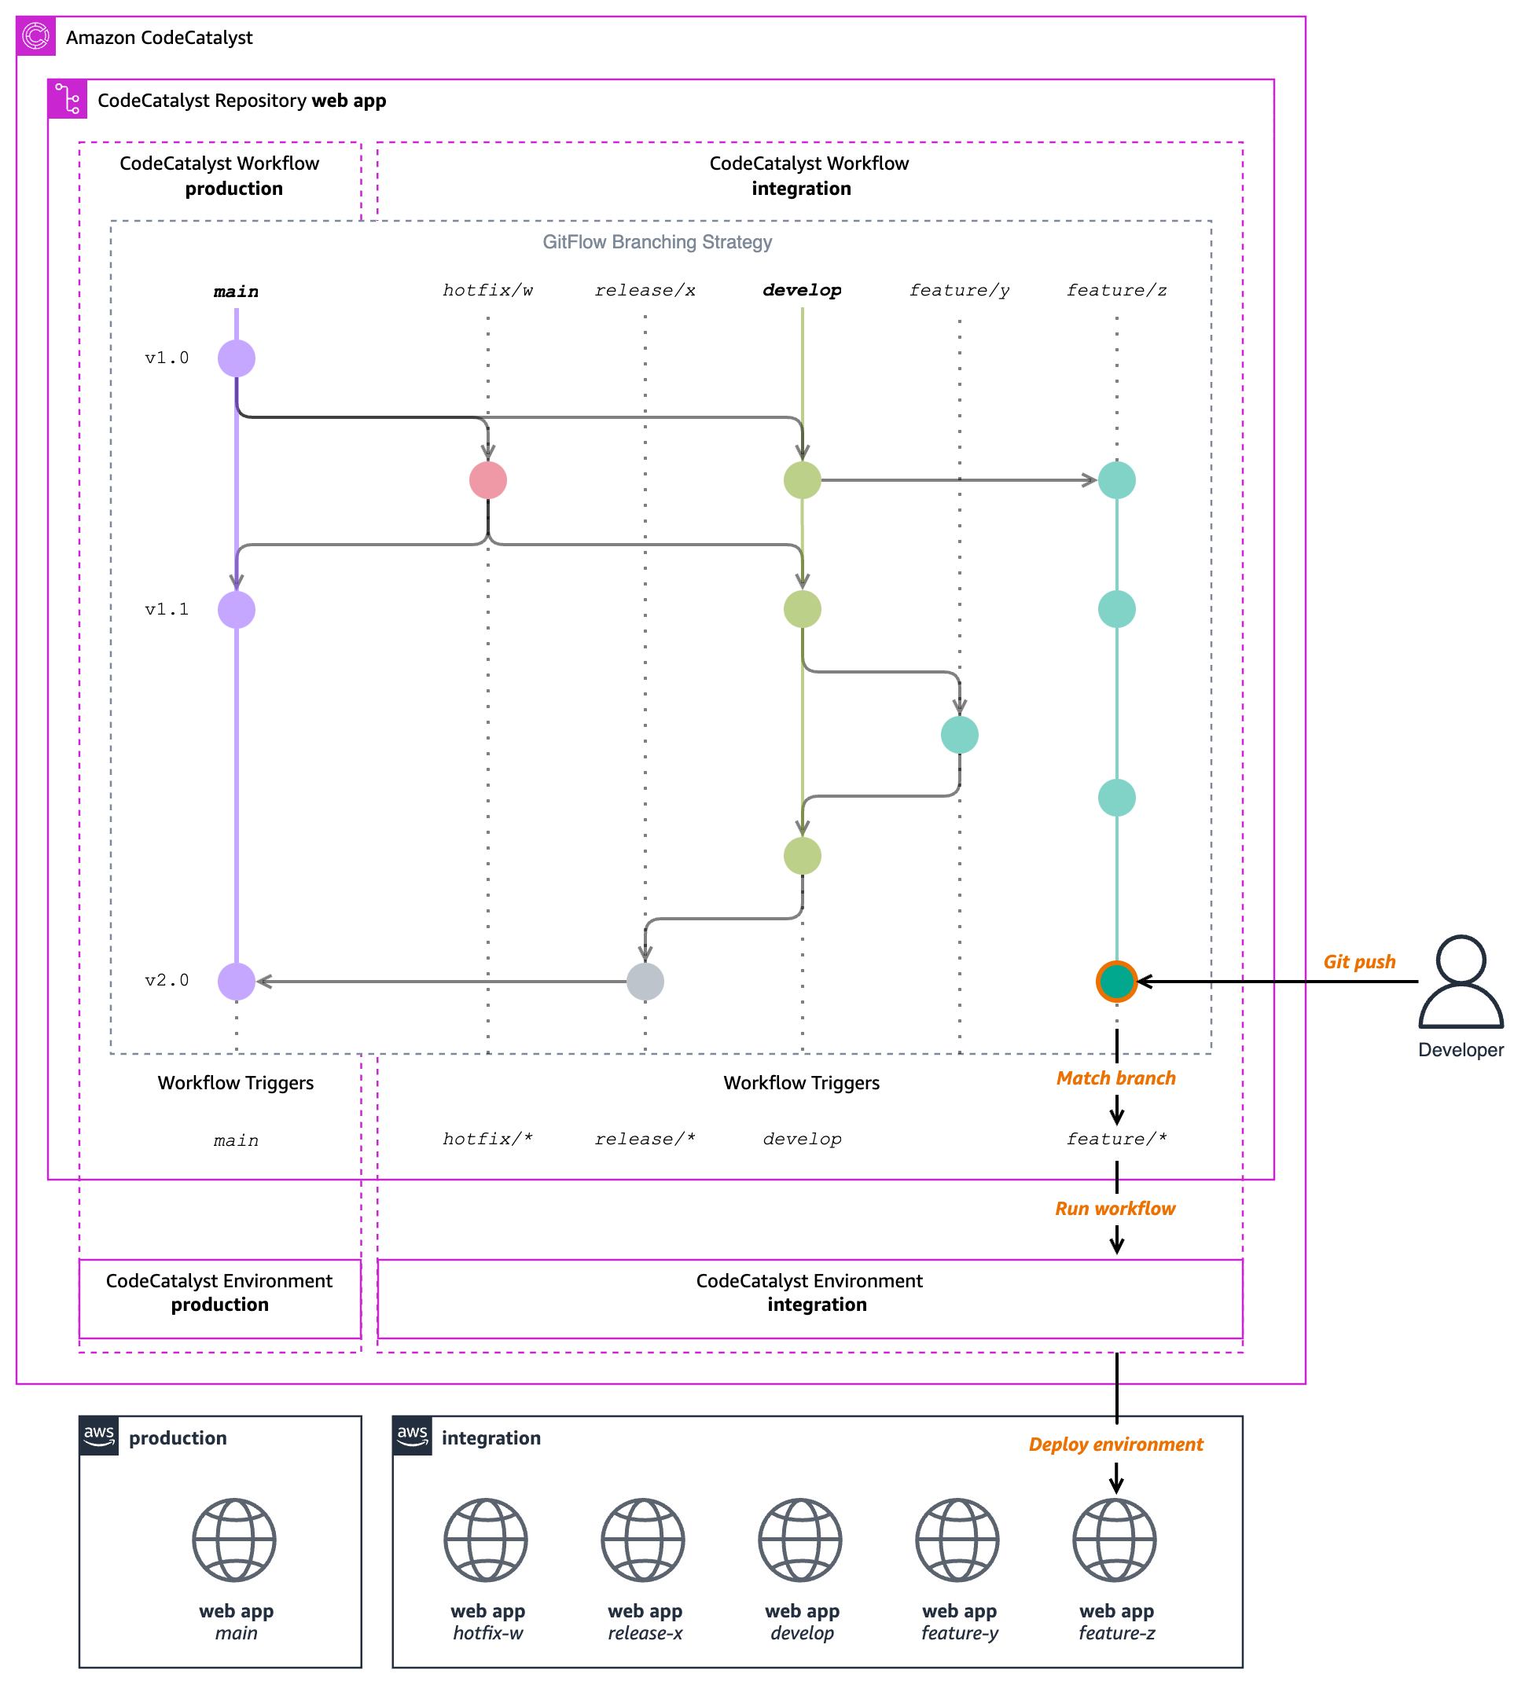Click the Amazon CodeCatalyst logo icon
(36, 36)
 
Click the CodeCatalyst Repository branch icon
(67, 98)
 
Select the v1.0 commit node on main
(237, 358)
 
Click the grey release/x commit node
(645, 982)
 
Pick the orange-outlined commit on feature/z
(1116, 982)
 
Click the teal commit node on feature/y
(959, 735)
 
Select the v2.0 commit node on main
(237, 982)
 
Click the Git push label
(1358, 962)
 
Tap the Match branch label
(1115, 1078)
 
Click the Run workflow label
(1115, 1209)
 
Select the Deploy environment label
(1115, 1445)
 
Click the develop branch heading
(802, 290)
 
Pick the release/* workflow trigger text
(645, 1140)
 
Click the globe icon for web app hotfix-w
(486, 1540)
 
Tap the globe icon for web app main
(234, 1540)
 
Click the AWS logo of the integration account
(412, 1435)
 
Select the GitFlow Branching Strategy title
(657, 242)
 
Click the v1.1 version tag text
(167, 609)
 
